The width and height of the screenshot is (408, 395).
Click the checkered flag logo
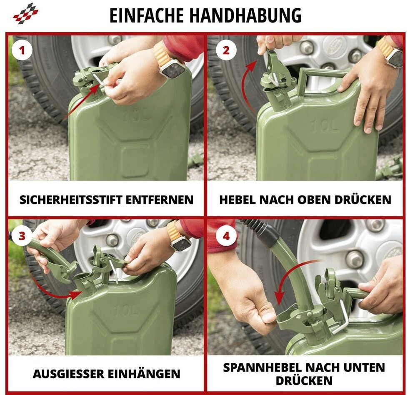pos(25,13)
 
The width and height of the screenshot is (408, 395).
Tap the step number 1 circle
pos(22,50)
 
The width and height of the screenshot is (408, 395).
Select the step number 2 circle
pos(226,50)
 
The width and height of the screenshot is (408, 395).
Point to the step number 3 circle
pos(22,236)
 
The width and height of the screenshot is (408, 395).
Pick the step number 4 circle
pos(226,236)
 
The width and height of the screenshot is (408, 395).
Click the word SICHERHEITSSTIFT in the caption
pos(71,200)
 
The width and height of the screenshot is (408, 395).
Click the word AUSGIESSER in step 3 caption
pos(68,374)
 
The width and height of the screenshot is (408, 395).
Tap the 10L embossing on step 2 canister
pos(325,126)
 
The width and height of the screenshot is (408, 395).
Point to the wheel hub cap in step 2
pos(335,44)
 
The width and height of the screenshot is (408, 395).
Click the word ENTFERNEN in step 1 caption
pos(160,200)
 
